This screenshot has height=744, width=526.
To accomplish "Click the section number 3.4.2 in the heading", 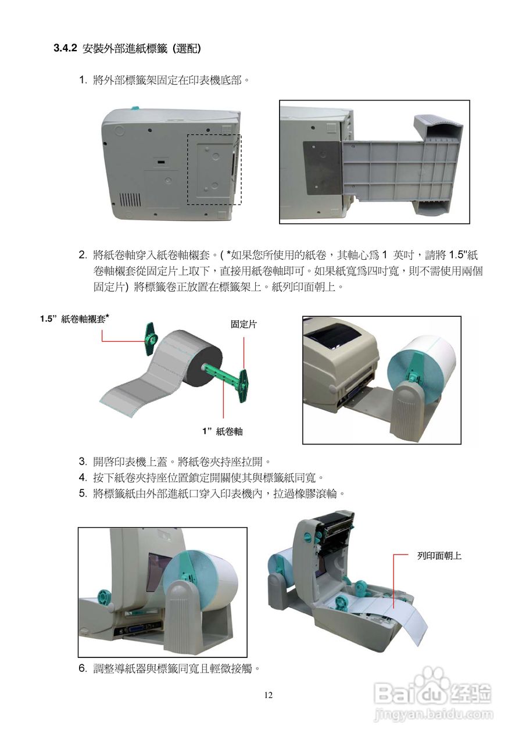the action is (x=65, y=48).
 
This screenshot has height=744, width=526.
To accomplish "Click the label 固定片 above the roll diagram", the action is (x=244, y=324).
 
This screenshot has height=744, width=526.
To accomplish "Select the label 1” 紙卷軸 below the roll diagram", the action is (x=223, y=431).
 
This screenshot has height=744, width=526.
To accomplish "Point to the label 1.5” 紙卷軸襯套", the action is (x=75, y=319).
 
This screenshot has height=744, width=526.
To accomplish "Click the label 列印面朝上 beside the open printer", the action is (x=439, y=556).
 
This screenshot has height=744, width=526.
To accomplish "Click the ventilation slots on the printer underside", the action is (x=130, y=199).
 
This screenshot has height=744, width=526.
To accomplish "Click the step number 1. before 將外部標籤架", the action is (x=83, y=80).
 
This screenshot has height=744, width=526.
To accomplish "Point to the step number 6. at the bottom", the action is (x=83, y=668).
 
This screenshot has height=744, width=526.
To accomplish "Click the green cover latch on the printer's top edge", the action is (x=135, y=108).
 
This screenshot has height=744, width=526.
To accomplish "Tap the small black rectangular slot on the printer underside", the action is (x=161, y=162).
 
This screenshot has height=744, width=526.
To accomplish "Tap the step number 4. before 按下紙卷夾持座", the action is (x=83, y=478).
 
